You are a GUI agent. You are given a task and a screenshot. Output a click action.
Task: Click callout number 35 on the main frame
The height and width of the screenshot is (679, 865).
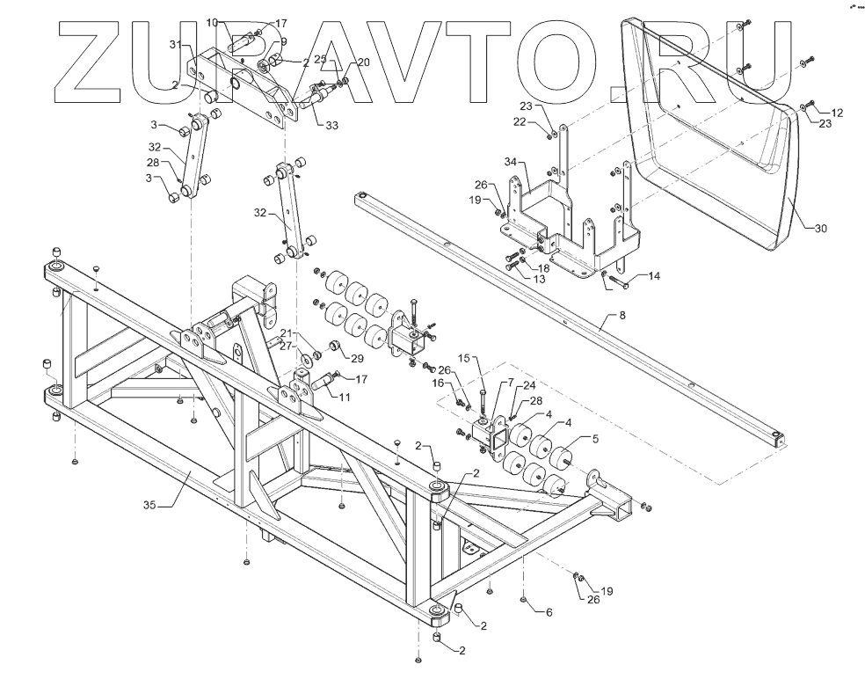pos(150,506)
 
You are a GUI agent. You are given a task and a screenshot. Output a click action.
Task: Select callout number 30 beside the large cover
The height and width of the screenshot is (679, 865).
pos(819,230)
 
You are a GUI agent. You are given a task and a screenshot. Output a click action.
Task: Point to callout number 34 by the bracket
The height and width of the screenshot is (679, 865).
pos(512,164)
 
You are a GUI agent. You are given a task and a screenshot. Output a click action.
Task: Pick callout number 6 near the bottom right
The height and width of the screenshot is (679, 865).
pos(549,612)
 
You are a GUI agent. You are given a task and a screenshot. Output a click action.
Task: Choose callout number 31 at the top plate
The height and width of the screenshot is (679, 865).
pos(176,45)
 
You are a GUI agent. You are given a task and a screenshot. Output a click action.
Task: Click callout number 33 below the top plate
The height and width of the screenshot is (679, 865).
pos(331,126)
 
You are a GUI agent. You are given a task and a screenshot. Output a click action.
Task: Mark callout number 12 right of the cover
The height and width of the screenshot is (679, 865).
pos(836,113)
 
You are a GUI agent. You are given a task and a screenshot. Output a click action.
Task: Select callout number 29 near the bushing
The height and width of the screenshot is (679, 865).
pos(357,359)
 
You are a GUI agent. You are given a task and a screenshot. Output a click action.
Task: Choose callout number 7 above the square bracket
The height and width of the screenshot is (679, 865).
pos(508,384)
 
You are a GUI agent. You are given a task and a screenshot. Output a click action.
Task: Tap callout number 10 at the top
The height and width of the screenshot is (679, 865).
pos(212,21)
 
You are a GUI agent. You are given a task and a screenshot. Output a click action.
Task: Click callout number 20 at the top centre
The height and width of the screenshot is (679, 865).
pos(363,62)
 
